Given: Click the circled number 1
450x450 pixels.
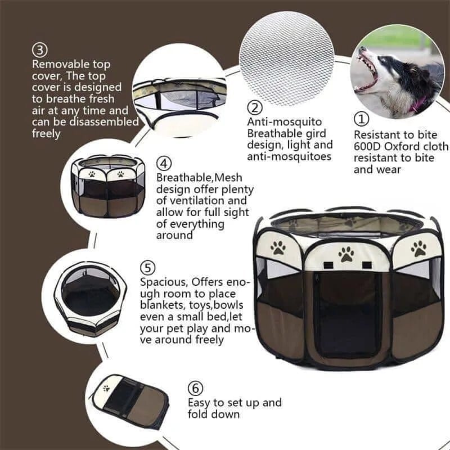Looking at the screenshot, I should [x=361, y=119].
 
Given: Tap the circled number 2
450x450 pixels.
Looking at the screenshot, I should [x=255, y=107].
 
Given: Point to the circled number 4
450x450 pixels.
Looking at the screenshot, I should [x=164, y=164].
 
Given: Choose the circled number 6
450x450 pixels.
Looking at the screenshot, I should [x=195, y=389].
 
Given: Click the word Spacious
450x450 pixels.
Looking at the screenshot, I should [x=164, y=281].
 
